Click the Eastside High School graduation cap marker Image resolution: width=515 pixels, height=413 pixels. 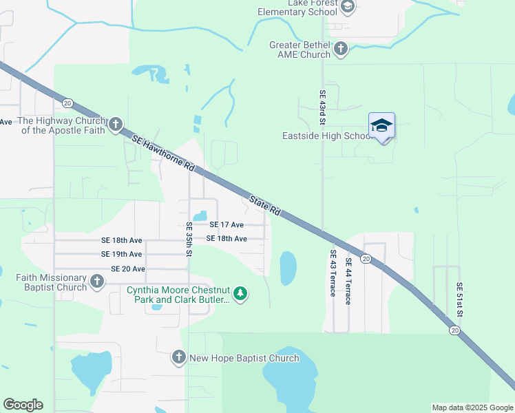tap(381, 126)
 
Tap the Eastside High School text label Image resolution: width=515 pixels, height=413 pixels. tap(327, 136)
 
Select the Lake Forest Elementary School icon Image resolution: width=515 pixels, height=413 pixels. tap(348, 7)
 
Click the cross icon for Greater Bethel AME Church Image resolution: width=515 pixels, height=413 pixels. tap(340, 48)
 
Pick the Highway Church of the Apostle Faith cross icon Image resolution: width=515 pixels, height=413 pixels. tap(116, 125)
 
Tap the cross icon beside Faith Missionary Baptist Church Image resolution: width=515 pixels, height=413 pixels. tap(97, 281)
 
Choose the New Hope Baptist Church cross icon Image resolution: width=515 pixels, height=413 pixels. tap(179, 357)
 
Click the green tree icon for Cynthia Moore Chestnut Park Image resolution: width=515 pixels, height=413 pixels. tap(240, 294)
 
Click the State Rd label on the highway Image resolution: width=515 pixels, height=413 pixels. tap(265, 204)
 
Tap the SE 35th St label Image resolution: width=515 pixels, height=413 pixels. tap(189, 239)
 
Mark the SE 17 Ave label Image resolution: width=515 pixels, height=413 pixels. tap(227, 224)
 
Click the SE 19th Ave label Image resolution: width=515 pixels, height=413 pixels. tap(122, 254)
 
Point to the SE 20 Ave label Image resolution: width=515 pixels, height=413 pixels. tap(128, 268)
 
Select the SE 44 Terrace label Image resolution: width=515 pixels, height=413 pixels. tap(348, 281)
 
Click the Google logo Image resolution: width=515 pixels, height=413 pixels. tap(23, 405)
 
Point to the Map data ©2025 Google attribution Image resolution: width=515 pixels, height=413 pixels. tap(472, 407)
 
